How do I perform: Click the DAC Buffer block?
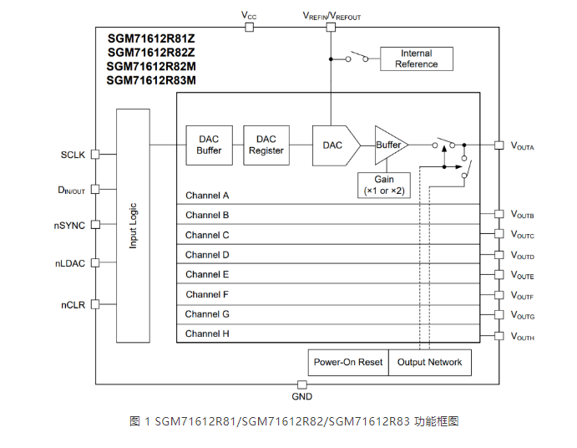coord(209,145)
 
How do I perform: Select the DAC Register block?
coord(266,145)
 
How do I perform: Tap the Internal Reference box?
coord(416,59)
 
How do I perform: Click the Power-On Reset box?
coord(348,362)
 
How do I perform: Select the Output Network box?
coord(429,362)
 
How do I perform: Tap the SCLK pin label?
coord(73,155)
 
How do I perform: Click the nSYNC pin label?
coord(70,225)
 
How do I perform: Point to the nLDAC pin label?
coord(70,263)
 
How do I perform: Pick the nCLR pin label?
coord(73,303)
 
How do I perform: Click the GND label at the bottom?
coord(301,396)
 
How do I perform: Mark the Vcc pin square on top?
coord(249,27)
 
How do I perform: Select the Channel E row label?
coord(207,274)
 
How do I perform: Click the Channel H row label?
coord(207,333)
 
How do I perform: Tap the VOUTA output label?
coord(523,145)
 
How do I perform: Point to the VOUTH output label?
coord(523,337)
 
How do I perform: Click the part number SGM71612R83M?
coord(151,80)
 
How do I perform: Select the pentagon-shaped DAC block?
coord(335,145)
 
